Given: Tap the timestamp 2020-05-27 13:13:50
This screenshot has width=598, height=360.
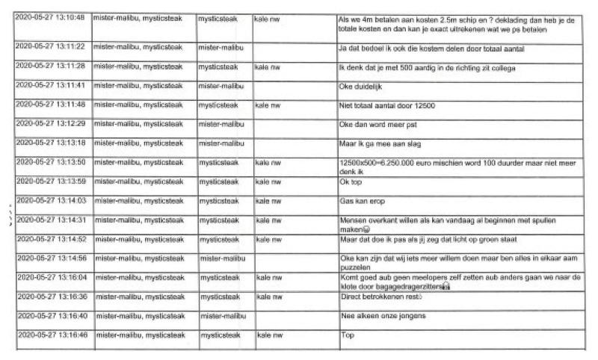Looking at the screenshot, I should click(50, 162).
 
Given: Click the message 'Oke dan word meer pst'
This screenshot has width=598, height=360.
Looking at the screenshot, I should click(374, 124).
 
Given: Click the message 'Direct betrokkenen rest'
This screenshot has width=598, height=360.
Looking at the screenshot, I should click(380, 297).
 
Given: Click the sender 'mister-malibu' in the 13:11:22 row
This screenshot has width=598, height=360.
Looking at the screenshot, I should click(218, 46).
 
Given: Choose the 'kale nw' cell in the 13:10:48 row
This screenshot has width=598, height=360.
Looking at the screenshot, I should click(267, 17).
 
